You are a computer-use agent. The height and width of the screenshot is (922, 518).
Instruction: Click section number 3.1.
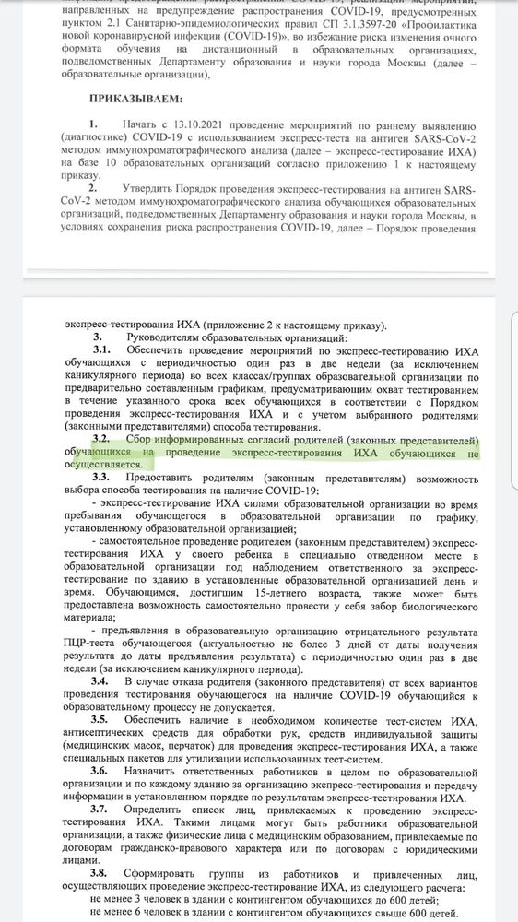[x=101, y=350]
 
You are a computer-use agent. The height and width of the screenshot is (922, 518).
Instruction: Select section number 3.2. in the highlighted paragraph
[x=101, y=440]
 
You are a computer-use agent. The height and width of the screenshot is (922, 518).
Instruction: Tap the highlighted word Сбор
[x=138, y=440]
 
